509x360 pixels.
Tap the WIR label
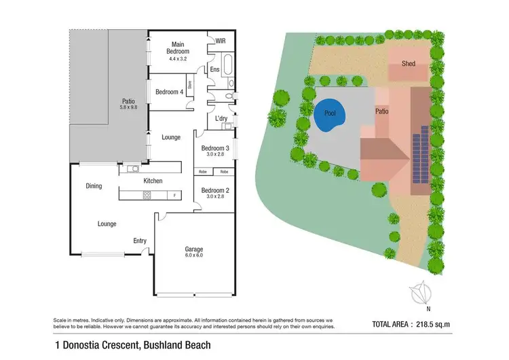click(220, 41)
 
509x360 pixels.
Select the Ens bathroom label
click(214, 69)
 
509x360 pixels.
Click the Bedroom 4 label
click(169, 92)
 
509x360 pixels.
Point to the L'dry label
click(221, 119)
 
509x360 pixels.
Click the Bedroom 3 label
click(214, 148)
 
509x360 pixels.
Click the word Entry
click(140, 240)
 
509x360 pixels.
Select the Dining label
click(94, 185)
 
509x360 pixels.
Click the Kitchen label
click(152, 181)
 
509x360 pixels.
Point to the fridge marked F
click(176, 196)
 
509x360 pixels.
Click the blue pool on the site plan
click(329, 115)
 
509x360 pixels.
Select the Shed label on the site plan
click(408, 64)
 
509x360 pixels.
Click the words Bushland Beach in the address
click(178, 345)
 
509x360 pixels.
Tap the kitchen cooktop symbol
click(146, 196)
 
